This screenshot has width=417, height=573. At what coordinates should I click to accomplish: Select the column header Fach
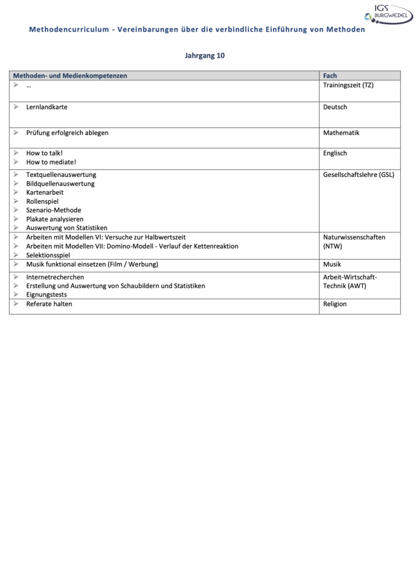[x=330, y=76]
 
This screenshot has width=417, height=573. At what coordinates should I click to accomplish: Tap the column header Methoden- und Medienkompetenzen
[x=70, y=76]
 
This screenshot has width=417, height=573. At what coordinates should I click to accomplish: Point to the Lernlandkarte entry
[x=47, y=107]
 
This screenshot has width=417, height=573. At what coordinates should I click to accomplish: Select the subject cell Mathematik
[x=341, y=133]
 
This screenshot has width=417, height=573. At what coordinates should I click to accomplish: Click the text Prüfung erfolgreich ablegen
[x=67, y=133]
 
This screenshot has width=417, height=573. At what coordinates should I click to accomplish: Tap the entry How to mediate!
[x=51, y=162]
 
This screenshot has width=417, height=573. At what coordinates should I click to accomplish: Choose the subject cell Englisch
[x=335, y=153]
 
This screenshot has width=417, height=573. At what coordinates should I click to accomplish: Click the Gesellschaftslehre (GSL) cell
[x=359, y=175]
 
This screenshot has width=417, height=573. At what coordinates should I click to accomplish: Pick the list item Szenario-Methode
[x=54, y=210]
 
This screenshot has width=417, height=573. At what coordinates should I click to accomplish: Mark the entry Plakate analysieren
[x=55, y=219]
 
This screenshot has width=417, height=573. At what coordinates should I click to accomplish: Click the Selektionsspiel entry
[x=48, y=255]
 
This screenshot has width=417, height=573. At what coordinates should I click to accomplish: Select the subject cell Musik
[x=332, y=264]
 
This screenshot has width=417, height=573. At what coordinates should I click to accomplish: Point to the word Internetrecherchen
[x=55, y=277]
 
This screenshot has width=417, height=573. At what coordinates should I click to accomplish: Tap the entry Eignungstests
[x=47, y=295]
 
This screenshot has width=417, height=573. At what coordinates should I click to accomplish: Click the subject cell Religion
[x=335, y=304]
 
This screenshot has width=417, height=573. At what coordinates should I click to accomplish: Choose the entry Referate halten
[x=49, y=304]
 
